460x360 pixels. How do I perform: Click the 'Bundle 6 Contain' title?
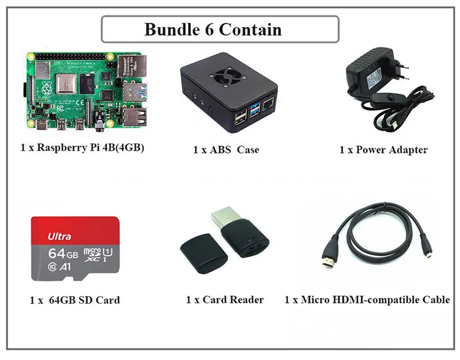click(x=213, y=29)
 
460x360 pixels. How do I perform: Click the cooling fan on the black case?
click(x=229, y=74)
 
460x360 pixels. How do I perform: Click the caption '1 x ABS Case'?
click(x=226, y=150)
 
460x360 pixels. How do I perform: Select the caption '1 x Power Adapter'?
click(x=383, y=150)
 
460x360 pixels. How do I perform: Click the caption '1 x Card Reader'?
click(x=225, y=300)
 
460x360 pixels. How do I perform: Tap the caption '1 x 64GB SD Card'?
click(x=75, y=300)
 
